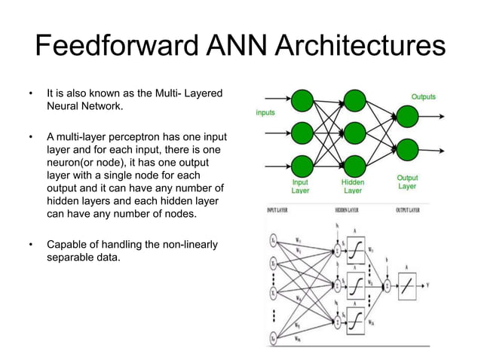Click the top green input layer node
pyautogui.click(x=302, y=100)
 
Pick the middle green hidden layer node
pyautogui.click(x=354, y=133)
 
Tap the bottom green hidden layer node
pyautogui.click(x=354, y=166)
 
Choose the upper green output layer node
pyautogui.click(x=406, y=116)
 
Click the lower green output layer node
pyautogui.click(x=406, y=149)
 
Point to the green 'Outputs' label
pyautogui.click(x=422, y=97)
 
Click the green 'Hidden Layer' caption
pyautogui.click(x=353, y=186)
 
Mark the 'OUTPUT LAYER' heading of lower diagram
pyautogui.click(x=409, y=210)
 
